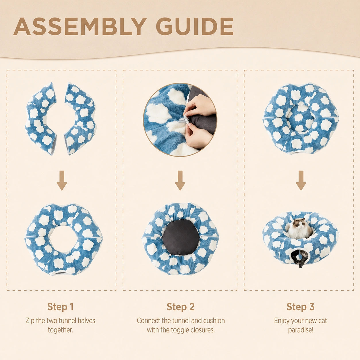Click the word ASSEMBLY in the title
coord(80,26)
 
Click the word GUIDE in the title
coord(195,26)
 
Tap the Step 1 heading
coord(60,307)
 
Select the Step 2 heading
coord(181,307)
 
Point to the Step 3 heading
coord(300,307)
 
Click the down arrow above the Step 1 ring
coord(62,181)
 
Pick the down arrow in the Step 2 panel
coord(180,181)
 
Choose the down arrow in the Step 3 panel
coord(301,181)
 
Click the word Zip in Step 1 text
coord(30,321)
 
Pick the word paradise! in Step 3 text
coord(300,330)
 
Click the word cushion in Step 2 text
coord(214,321)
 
